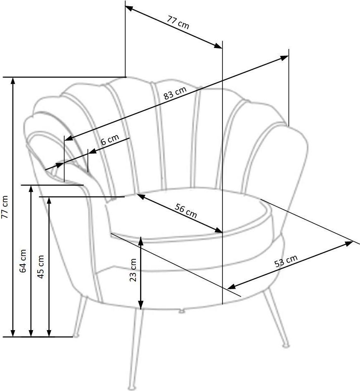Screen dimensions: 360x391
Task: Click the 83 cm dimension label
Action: pos(175,93)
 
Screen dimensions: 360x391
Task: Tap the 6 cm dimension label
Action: pos(110,140)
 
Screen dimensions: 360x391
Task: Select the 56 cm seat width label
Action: pos(186,211)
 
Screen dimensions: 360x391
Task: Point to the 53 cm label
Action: pos(286,261)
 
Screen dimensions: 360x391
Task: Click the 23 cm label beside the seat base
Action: pos(133,270)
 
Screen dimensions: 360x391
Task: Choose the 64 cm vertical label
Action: pos(22,261)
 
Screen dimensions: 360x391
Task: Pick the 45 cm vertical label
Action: pos(40,267)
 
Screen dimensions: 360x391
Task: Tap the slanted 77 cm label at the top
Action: pos(178,22)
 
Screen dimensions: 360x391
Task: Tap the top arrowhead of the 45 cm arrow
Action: pos(49,200)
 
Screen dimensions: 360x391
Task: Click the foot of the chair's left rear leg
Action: pos(75,335)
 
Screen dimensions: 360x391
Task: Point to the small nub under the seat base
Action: pos(182,311)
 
